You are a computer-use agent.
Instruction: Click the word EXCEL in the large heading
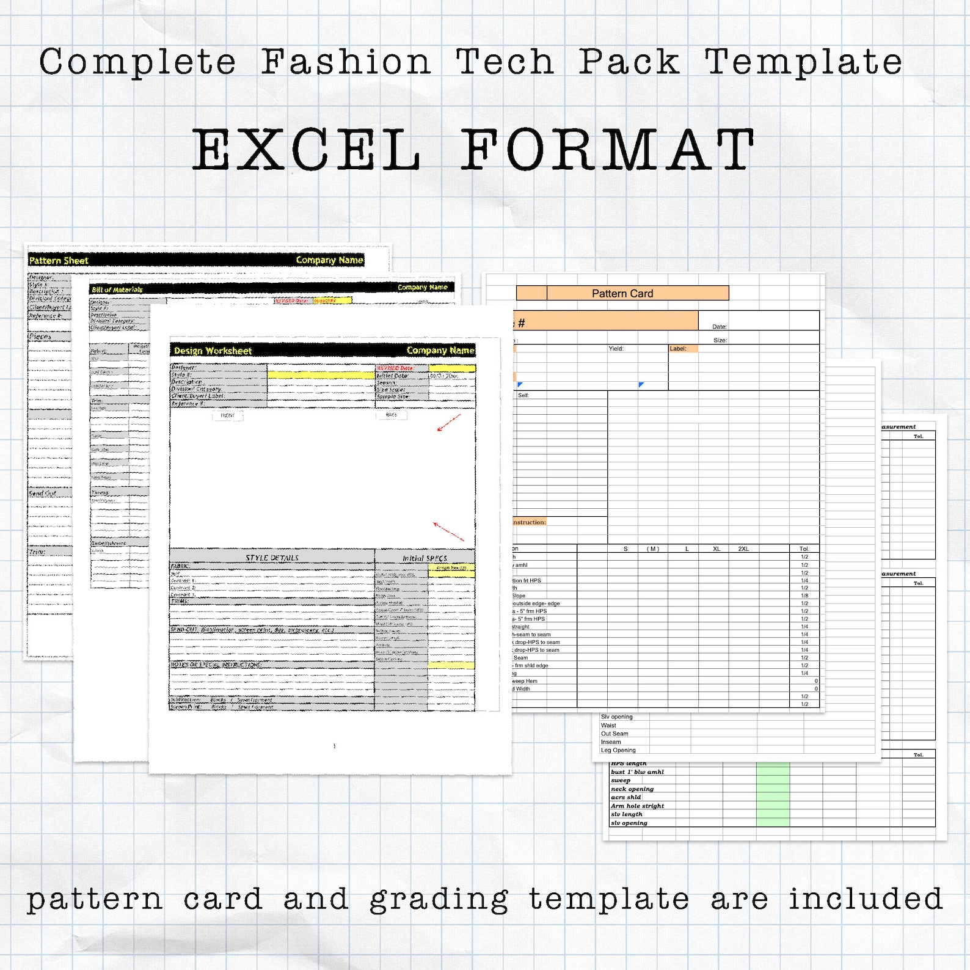coord(307,150)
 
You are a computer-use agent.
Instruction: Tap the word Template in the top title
coord(803,62)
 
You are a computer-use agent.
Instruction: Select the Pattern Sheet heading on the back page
coord(59,261)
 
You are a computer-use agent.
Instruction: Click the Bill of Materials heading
coord(117,290)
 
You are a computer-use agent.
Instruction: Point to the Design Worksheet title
coord(213,351)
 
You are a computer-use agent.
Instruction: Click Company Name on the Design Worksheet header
coord(440,350)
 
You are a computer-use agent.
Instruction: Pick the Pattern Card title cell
coord(622,293)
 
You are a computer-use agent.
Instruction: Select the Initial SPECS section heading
coord(425,558)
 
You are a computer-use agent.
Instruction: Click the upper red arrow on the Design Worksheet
coord(449,422)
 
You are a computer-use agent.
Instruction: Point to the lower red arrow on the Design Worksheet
coord(448,531)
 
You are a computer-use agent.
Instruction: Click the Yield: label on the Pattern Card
coord(616,349)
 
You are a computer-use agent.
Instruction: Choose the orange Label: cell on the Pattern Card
coord(683,349)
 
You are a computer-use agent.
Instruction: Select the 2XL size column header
coord(743,549)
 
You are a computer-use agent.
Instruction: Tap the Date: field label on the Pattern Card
coord(720,327)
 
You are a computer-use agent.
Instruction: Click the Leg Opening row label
coord(618,750)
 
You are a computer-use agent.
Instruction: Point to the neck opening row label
coord(632,789)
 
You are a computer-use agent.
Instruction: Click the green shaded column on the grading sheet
coord(773,794)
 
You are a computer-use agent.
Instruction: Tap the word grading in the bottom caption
coord(439,900)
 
